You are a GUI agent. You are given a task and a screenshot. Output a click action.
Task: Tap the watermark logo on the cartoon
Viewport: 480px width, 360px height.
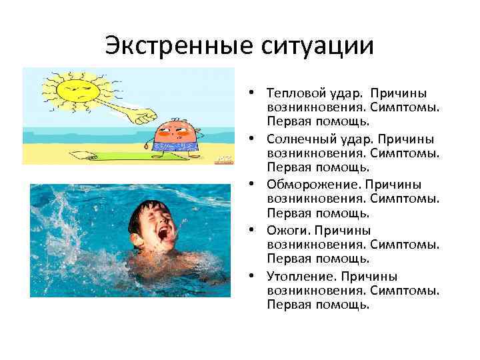point(221,159)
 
